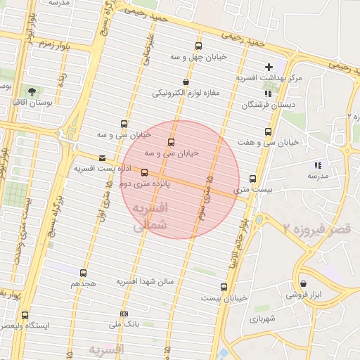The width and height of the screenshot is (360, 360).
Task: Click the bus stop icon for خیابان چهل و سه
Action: [x=198, y=46]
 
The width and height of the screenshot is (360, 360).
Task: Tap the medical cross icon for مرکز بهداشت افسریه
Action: [x=269, y=67]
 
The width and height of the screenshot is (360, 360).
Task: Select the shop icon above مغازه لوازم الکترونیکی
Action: [x=185, y=82]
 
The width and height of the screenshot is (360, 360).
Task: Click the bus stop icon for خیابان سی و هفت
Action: [x=267, y=131]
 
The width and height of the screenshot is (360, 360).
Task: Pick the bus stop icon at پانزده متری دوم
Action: [x=145, y=172]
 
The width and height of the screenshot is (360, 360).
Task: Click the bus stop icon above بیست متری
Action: [x=253, y=179]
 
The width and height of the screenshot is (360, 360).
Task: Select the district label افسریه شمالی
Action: [x=149, y=216]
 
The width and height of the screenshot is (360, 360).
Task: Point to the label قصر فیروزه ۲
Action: [x=316, y=228]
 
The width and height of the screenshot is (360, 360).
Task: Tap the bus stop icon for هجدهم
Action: [x=84, y=272]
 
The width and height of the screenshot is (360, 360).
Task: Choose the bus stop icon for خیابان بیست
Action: [x=224, y=287]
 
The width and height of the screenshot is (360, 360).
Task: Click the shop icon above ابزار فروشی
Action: [x=303, y=284]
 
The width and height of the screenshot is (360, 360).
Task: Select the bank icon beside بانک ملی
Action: [x=124, y=314]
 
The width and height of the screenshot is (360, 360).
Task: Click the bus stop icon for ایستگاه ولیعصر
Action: [x=26, y=315]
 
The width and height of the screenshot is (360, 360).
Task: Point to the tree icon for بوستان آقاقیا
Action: [x=32, y=91]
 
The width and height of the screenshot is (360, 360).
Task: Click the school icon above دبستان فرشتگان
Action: [x=267, y=94]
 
